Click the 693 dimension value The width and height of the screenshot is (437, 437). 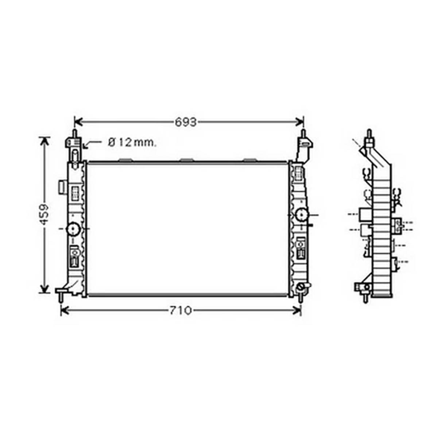coord(186,122)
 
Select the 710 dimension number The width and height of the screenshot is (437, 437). coord(181,310)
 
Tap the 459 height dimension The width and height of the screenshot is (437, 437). coord(44,214)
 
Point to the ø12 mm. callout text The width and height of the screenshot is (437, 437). coord(132,143)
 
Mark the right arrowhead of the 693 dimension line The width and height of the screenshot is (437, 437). coord(299,122)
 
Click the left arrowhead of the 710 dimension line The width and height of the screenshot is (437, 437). coord(65,310)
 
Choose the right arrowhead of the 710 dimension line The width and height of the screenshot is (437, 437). coord(297,310)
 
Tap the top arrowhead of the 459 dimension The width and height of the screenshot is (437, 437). coord(44,141)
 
